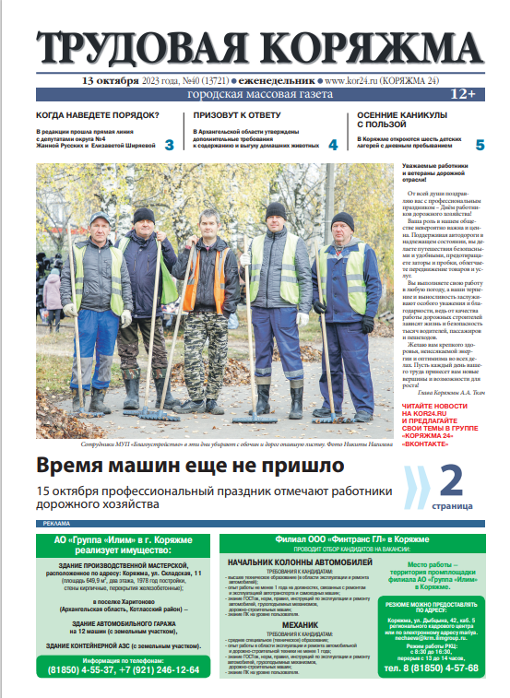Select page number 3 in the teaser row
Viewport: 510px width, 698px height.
(169, 145)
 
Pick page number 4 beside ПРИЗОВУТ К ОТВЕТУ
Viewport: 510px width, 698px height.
(333, 145)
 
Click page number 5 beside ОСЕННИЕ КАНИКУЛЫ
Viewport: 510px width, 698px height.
(480, 145)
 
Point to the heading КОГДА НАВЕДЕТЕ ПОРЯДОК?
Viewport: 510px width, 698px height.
(97, 115)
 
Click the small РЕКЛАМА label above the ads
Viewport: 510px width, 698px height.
(56, 524)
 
